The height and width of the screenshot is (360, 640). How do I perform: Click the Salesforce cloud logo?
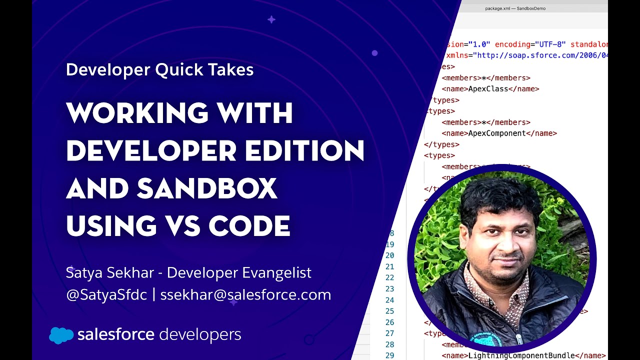point(61,335)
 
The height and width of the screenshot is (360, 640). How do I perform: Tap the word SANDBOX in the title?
point(206,188)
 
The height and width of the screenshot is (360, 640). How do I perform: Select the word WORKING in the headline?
point(135,112)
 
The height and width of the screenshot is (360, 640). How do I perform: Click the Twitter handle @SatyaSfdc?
point(106,294)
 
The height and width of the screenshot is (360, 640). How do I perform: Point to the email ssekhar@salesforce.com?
point(245,294)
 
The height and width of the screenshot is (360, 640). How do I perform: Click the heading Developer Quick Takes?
point(159,69)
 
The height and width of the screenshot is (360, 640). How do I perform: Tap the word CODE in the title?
point(249,226)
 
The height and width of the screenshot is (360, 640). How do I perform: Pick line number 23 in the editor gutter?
point(390,289)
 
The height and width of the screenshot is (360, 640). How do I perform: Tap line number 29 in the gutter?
point(390,355)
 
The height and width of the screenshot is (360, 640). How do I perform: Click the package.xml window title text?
point(515,8)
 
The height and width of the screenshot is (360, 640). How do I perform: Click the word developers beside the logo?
point(200,334)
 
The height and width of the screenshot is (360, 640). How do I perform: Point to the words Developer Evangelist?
point(239,272)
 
